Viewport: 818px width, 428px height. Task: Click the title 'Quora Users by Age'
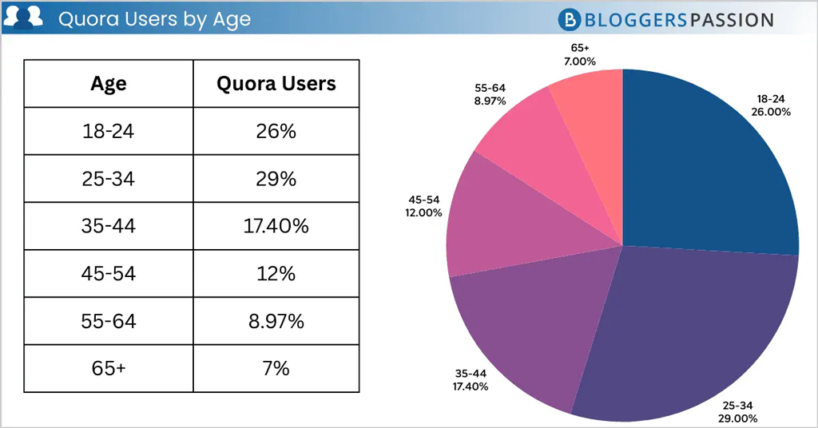tap(154, 19)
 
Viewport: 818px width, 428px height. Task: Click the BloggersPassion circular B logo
tap(570, 19)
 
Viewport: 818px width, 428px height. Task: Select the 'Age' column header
tap(109, 84)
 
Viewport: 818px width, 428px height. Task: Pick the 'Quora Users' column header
tap(276, 84)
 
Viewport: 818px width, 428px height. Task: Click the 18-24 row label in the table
tap(109, 131)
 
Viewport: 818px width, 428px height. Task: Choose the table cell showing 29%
tap(276, 179)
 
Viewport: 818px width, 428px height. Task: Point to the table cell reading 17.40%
tap(276, 226)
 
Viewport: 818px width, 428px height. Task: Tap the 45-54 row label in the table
tap(109, 274)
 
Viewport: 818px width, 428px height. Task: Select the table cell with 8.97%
tap(276, 321)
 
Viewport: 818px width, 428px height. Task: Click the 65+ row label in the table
tap(109, 369)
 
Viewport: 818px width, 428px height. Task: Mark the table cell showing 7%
tap(276, 369)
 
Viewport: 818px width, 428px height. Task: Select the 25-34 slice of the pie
tap(687, 327)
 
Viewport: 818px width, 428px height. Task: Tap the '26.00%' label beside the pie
tap(771, 112)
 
